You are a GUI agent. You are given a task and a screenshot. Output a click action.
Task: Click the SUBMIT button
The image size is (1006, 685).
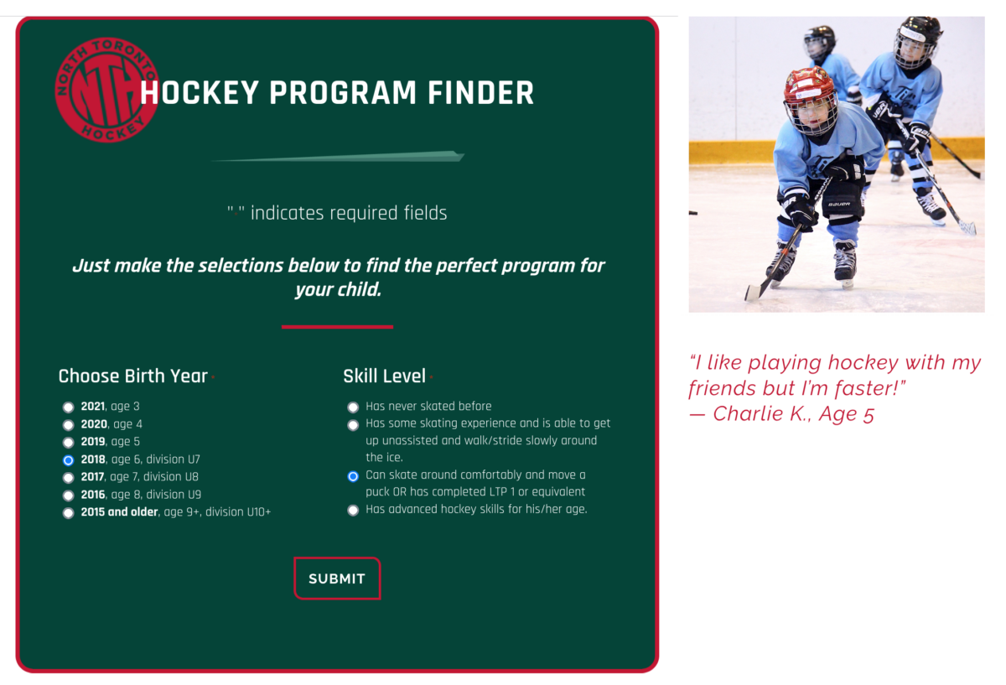click(x=337, y=578)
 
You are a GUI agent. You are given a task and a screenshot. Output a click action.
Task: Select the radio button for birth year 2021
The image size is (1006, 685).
click(x=68, y=407)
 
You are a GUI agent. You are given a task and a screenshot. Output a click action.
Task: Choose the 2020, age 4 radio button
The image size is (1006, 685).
click(x=68, y=425)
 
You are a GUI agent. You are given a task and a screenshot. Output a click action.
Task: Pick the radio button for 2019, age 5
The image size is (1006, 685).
click(x=68, y=443)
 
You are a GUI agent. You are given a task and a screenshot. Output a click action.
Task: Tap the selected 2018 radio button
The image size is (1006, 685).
click(x=68, y=460)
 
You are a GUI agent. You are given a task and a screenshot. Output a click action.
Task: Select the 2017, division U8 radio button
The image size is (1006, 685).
click(x=68, y=477)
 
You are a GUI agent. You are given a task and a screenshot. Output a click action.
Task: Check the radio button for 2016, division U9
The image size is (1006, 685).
click(x=68, y=496)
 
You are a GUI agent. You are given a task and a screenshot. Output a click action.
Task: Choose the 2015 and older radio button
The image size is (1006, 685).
click(x=68, y=513)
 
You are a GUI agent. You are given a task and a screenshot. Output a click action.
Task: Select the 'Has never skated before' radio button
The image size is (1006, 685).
click(x=353, y=407)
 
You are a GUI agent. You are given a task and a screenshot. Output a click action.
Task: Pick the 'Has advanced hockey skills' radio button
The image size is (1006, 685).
click(x=353, y=511)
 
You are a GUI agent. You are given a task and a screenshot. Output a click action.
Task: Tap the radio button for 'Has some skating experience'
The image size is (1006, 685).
click(x=353, y=425)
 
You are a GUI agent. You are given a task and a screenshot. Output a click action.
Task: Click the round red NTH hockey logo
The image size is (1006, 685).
click(x=106, y=90)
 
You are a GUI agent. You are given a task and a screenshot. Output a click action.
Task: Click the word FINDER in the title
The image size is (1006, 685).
click(x=480, y=93)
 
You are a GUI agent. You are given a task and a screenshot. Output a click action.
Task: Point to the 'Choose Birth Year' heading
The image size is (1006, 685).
click(x=133, y=376)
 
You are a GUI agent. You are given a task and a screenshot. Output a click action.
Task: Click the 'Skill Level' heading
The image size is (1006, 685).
click(x=385, y=376)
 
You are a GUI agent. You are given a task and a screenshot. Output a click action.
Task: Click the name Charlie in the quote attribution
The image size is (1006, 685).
click(x=746, y=413)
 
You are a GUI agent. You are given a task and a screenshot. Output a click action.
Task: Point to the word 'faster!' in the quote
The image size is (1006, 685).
click(x=870, y=388)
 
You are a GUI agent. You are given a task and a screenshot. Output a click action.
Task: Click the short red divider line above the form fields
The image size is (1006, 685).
click(x=337, y=327)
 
